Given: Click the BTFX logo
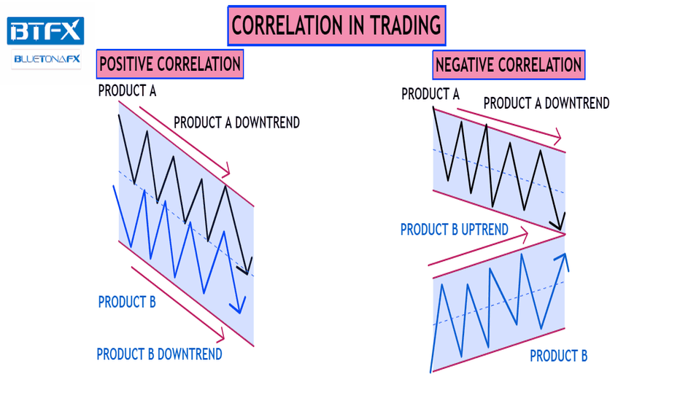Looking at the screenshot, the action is click(x=45, y=31).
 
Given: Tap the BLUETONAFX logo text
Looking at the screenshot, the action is click(x=47, y=59).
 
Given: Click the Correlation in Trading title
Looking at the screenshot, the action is click(x=336, y=26).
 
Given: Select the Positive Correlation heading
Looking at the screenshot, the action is click(x=170, y=64).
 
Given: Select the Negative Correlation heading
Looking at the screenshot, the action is click(x=509, y=65).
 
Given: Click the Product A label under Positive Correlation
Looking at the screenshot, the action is click(x=127, y=91).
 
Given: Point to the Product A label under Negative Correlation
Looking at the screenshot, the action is click(x=430, y=94).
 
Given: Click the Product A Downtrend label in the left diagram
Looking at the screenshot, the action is click(x=237, y=122).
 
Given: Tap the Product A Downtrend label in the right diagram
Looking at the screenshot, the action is click(x=546, y=104).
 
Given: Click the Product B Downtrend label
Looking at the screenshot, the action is click(x=159, y=354).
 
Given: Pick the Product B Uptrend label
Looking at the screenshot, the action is click(x=455, y=230).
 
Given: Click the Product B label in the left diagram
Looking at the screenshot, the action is click(x=127, y=302).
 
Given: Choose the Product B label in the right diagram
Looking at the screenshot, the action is click(x=559, y=356).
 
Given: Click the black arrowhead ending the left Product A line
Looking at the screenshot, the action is click(x=245, y=268).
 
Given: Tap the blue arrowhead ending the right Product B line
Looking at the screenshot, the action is click(x=563, y=260).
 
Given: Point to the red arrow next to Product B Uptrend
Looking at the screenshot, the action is click(x=478, y=249).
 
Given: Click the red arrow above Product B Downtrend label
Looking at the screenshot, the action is click(x=178, y=303).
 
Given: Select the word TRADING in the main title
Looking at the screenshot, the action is click(x=406, y=26).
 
